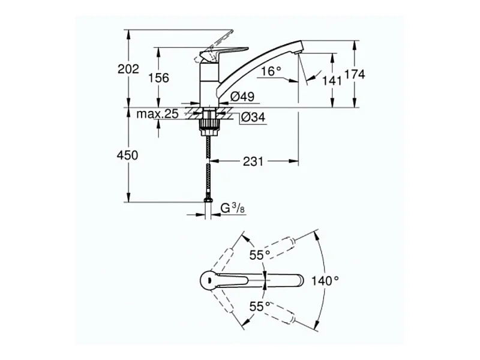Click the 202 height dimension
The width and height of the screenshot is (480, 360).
[x=128, y=69]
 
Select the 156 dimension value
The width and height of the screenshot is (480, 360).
[x=158, y=78]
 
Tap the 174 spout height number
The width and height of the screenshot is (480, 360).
[x=355, y=74]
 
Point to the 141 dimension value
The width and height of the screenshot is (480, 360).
[x=332, y=81]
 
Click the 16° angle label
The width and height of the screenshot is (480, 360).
[x=271, y=71]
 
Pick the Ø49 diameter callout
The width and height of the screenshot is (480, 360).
[x=242, y=97]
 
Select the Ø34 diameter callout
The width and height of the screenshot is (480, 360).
[x=253, y=117]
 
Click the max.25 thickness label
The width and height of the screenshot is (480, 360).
[x=157, y=114]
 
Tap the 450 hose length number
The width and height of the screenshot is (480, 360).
[x=127, y=155]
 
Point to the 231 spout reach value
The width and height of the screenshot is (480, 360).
[x=253, y=161]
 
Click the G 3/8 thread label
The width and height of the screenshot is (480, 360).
[x=233, y=208]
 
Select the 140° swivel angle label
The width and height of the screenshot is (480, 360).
[x=325, y=280]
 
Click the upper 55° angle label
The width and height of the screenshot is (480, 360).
[x=260, y=255]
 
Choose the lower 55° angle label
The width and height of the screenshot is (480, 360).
[x=260, y=306]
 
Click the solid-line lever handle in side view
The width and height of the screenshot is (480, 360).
[x=225, y=53]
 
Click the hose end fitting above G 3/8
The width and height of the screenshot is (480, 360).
[x=208, y=200]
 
